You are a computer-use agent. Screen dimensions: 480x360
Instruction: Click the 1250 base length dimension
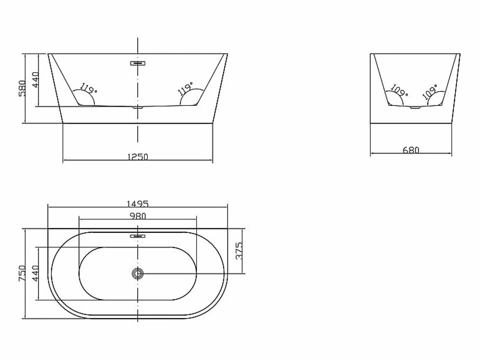[x=138, y=157]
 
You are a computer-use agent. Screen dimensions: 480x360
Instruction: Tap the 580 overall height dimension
[x=22, y=88]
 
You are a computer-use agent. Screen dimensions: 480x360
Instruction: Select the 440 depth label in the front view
[x=35, y=80]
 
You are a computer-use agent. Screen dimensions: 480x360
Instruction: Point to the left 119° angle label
[x=88, y=88]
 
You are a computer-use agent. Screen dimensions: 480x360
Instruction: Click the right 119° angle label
[x=186, y=89]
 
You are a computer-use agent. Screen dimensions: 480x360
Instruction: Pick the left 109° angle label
[x=399, y=91]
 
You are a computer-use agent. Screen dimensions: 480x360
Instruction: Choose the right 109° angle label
[x=430, y=92]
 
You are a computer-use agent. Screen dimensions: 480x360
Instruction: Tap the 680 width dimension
[x=411, y=150]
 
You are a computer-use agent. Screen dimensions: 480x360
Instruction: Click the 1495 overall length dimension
[x=138, y=204]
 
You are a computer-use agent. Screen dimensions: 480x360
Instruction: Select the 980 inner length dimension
[x=138, y=216]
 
